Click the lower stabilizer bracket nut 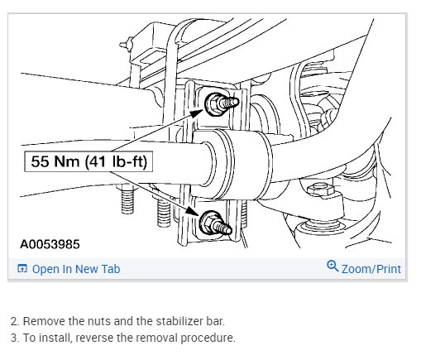(208, 222)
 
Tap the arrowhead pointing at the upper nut (196, 113)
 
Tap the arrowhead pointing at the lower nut (192, 210)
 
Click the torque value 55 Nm (55, 161)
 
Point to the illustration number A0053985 (50, 244)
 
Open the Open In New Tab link (76, 269)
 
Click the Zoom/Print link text (371, 269)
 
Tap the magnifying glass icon (332, 266)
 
